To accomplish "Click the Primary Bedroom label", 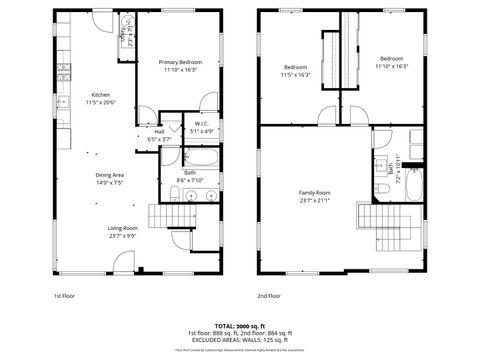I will coord(179,61).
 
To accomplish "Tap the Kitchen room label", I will coord(101,94).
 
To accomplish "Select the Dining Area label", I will coord(110,176).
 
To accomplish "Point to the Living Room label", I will coord(122,228).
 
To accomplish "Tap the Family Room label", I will coord(315,192).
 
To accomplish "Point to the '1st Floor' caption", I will coord(65,296).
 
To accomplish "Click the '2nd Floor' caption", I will coord(269,296).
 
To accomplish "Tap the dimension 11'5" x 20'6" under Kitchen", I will coord(101,102).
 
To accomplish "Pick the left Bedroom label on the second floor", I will coord(297,67).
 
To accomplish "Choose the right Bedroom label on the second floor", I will coord(390,59).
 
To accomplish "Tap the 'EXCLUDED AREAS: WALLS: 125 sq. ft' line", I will coord(239,340).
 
